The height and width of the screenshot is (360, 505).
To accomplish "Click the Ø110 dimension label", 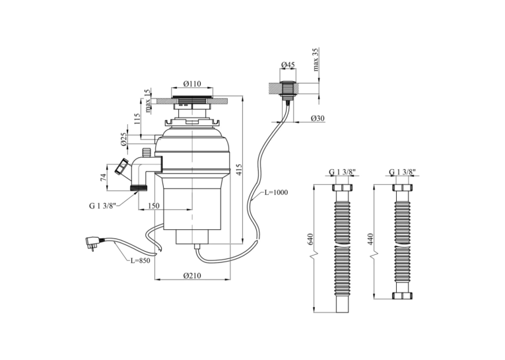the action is point(192,84).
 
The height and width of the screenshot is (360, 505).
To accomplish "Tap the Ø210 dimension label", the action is point(192,275).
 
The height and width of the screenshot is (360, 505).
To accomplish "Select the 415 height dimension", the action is point(239,170).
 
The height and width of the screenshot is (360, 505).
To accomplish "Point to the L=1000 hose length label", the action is point(277,192).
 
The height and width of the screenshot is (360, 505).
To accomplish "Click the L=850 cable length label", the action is point(140,260).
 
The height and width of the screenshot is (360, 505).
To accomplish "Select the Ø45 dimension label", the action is point(288,65).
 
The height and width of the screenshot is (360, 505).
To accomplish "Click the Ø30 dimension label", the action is point(318,119).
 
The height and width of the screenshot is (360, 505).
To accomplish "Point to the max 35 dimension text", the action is point(316,59).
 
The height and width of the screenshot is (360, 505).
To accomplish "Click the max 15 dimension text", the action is point(147,101).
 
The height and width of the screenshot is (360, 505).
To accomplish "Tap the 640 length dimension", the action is point(310,239).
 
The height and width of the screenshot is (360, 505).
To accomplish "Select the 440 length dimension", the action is point(371,239).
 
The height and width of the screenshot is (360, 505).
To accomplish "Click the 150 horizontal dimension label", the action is point(154,205).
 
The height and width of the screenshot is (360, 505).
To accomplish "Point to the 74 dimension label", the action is point(104,177).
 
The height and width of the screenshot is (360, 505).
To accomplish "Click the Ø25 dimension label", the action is point(124,139).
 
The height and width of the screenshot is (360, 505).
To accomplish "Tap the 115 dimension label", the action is point(137,119).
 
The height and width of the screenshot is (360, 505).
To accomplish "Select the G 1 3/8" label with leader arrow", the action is point(102,205).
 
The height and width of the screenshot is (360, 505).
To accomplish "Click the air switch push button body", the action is point(288,90).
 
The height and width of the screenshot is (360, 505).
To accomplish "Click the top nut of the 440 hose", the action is point(403,188).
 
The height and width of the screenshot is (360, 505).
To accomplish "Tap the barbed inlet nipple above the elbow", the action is point(147,152).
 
